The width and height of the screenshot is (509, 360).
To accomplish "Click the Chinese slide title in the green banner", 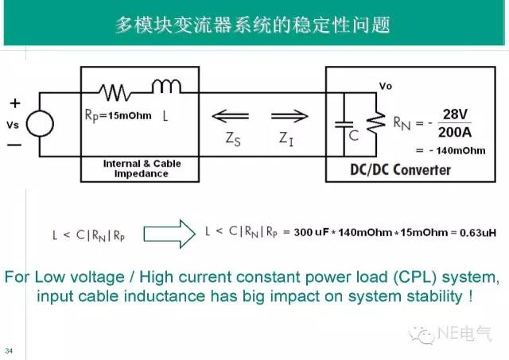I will [x=252, y=25].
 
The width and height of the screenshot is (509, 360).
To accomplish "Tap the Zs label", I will [x=231, y=137].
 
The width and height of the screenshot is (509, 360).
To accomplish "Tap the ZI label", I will [x=286, y=137].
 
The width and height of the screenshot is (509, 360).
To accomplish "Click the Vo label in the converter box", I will [x=386, y=86].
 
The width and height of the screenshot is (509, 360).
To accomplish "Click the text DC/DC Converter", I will [x=400, y=169].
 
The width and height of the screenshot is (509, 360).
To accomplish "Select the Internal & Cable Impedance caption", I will [x=142, y=168].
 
